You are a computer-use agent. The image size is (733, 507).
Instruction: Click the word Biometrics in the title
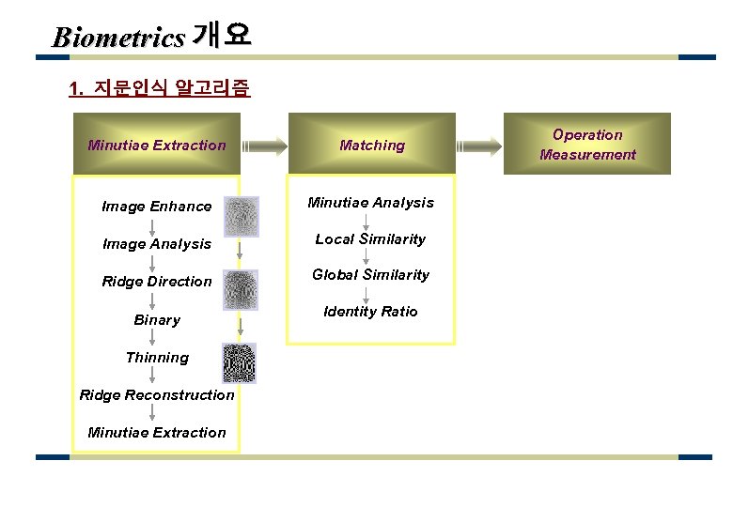(118, 38)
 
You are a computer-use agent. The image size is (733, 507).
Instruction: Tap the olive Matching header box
(371, 145)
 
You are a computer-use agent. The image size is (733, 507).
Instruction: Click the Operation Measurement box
(587, 145)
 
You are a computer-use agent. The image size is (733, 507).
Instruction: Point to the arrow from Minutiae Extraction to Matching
(264, 145)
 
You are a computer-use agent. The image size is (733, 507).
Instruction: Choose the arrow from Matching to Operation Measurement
(480, 145)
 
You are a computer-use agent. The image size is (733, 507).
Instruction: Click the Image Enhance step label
(157, 207)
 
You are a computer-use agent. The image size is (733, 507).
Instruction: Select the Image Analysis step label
(157, 244)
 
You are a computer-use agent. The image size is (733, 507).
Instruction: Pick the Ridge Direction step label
(157, 282)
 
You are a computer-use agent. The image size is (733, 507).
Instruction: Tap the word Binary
(157, 320)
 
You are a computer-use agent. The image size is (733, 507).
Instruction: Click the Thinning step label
(157, 358)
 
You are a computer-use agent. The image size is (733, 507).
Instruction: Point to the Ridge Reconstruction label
(157, 395)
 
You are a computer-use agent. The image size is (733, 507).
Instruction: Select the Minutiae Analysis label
(372, 203)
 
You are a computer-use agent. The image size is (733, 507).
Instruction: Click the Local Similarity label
(370, 239)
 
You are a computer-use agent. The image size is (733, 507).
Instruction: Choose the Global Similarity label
(370, 275)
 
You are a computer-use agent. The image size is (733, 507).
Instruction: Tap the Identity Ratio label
(370, 312)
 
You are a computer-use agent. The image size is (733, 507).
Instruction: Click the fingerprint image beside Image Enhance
(241, 215)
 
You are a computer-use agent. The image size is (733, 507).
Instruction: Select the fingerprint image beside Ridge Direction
(241, 290)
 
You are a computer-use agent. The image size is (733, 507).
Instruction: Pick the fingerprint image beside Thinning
(239, 362)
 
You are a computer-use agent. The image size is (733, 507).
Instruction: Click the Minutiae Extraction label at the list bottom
(157, 433)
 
